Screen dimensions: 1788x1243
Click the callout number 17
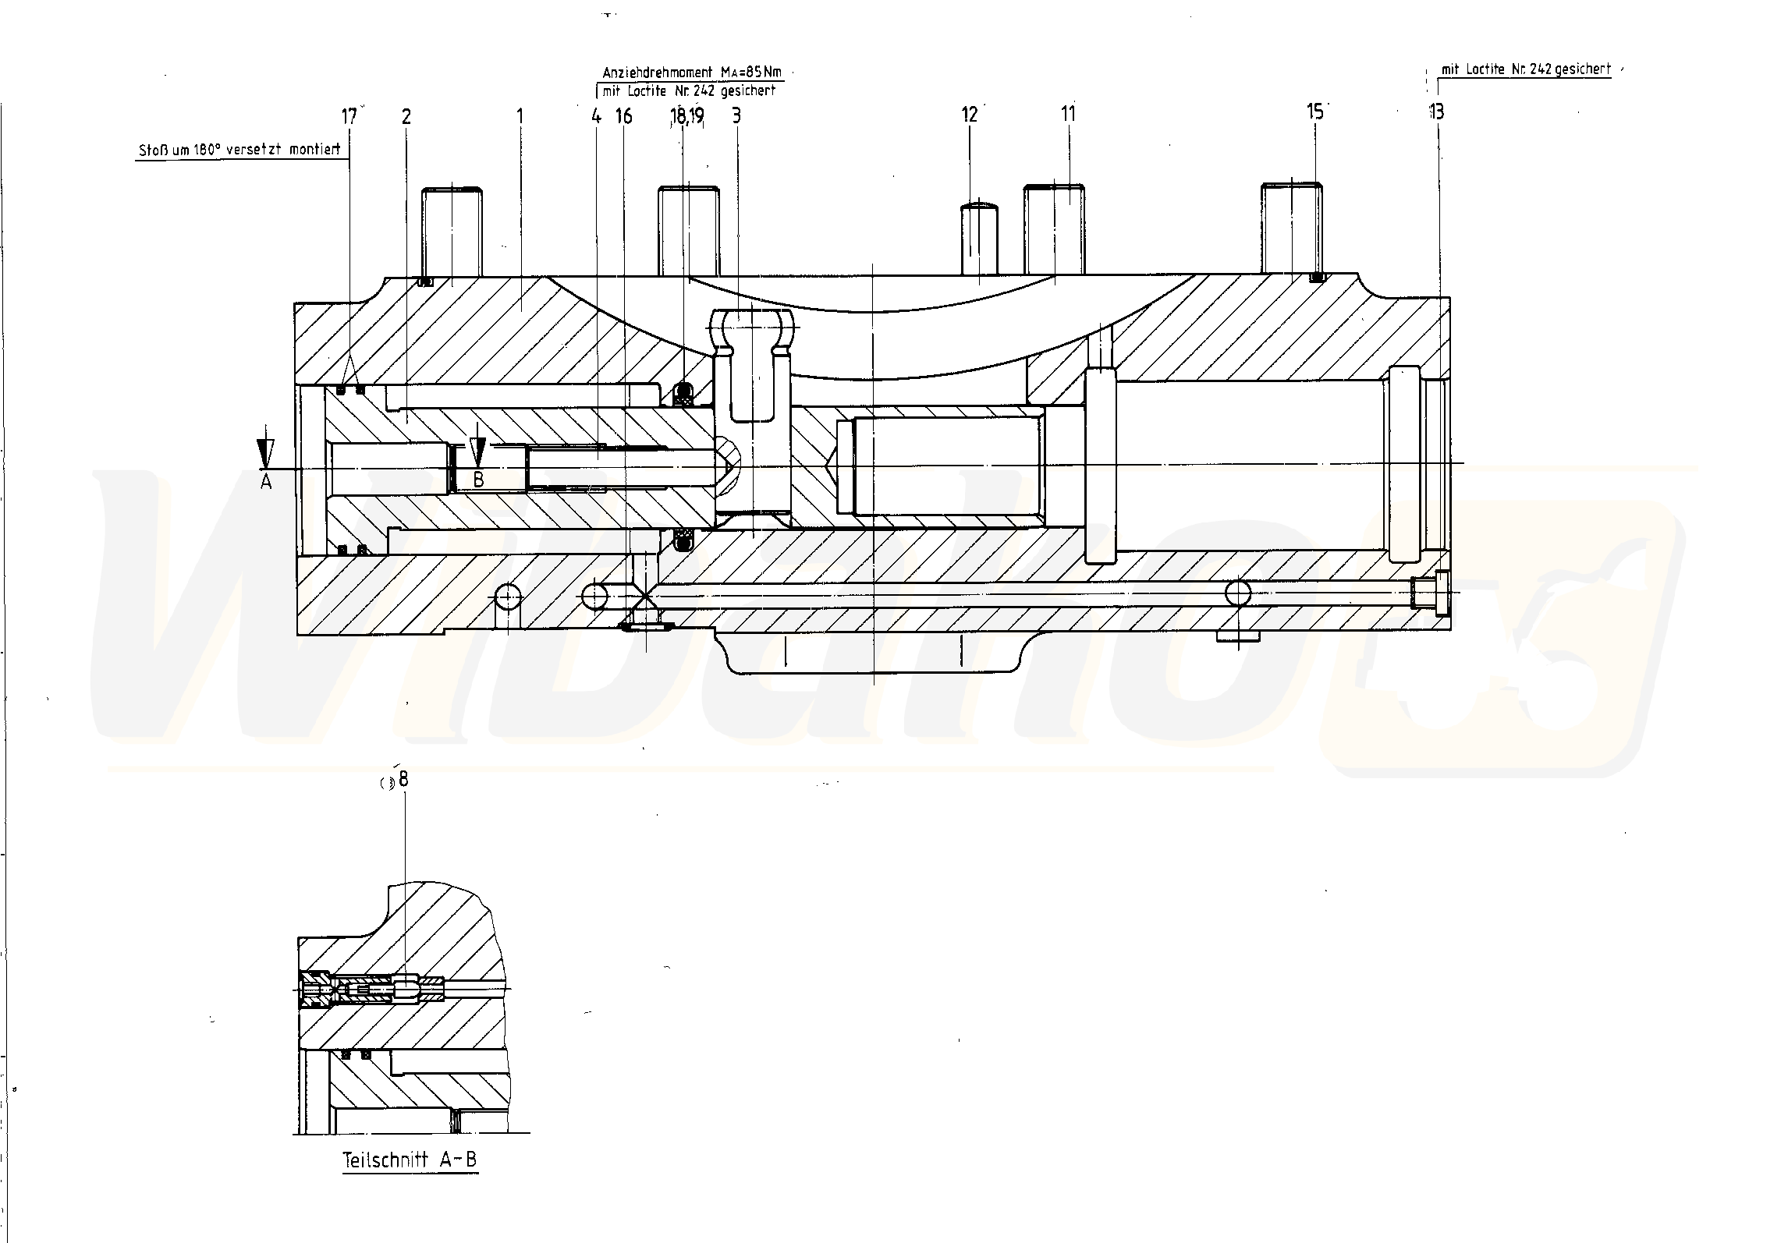click(x=349, y=116)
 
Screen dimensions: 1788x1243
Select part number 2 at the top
click(x=406, y=117)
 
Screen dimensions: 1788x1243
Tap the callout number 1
click(x=520, y=116)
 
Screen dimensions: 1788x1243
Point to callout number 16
click(x=623, y=116)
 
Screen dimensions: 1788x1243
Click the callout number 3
click(x=736, y=116)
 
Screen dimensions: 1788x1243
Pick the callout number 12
click(x=969, y=115)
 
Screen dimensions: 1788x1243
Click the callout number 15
click(x=1314, y=112)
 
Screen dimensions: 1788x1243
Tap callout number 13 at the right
click(x=1436, y=112)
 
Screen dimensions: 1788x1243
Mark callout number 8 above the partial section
click(x=403, y=779)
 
